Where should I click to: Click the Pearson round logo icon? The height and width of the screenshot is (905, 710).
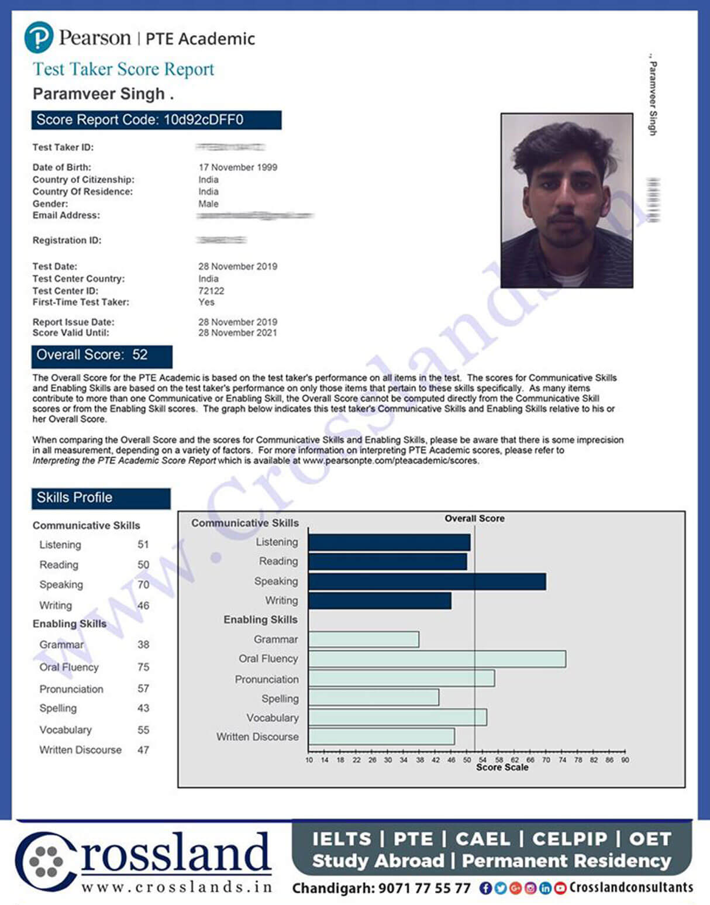[39, 37]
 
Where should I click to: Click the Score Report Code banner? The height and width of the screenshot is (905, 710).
[156, 120]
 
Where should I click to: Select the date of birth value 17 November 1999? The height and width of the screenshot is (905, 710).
[237, 167]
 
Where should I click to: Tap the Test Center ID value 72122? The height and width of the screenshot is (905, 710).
[211, 291]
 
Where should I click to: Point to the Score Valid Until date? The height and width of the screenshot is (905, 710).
[237, 333]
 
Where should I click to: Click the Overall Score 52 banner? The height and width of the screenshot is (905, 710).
[102, 355]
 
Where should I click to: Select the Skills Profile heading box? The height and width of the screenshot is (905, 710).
[101, 498]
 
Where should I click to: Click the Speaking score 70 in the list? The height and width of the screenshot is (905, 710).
[143, 584]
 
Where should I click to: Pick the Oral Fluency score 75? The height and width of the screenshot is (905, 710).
[143, 667]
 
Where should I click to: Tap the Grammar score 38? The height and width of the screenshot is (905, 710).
[143, 645]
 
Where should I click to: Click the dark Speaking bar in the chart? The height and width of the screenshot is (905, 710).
[427, 581]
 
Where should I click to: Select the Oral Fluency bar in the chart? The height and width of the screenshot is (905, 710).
[437, 659]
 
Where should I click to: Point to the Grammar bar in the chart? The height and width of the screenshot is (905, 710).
[363, 639]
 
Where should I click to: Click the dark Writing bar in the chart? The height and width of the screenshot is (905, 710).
[380, 601]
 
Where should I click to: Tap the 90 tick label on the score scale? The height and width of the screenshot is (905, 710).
[625, 760]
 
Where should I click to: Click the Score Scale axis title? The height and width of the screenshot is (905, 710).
[502, 768]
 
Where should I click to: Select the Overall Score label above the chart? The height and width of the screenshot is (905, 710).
[474, 518]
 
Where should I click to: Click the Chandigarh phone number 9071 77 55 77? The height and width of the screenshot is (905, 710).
[424, 889]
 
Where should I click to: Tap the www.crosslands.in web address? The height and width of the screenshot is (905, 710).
[177, 887]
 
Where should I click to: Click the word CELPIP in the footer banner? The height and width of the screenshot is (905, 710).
[569, 839]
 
